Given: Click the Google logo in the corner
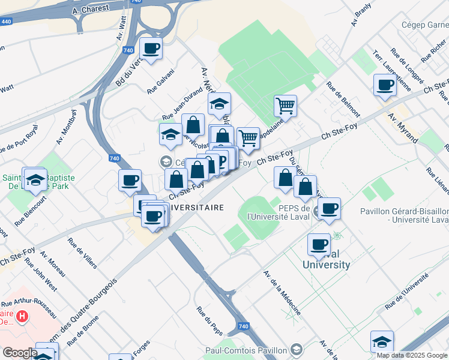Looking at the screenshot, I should click(20, 353).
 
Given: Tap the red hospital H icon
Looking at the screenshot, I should click(22, 314).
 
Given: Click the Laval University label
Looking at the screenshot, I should click(326, 259).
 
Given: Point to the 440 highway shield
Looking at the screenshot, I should click(5, 22).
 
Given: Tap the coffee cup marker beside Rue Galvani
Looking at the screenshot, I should click(151, 49).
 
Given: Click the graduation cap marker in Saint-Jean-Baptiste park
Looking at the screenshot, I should click(35, 179).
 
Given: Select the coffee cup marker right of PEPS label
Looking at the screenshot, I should click(328, 209).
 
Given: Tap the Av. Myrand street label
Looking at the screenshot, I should click(403, 128).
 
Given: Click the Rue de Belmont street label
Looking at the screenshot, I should click(343, 99).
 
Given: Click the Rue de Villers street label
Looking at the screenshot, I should click(82, 253).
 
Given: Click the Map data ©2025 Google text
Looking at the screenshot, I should click(412, 355).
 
